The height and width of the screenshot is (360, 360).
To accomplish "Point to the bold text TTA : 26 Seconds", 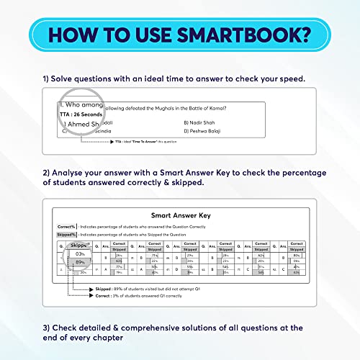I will click(81, 114).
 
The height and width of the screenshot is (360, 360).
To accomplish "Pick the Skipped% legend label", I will click(68, 235).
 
